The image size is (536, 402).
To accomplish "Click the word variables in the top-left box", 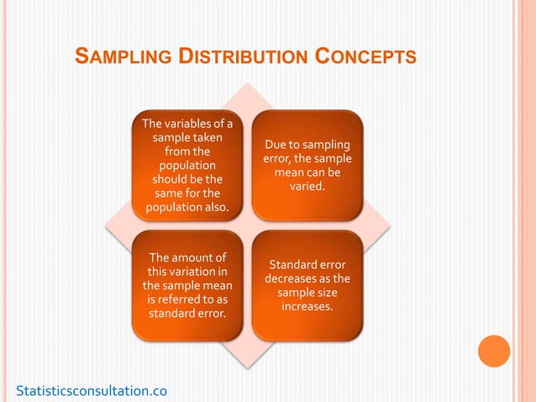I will [190, 125].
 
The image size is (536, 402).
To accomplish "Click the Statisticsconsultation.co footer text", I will [92, 390].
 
